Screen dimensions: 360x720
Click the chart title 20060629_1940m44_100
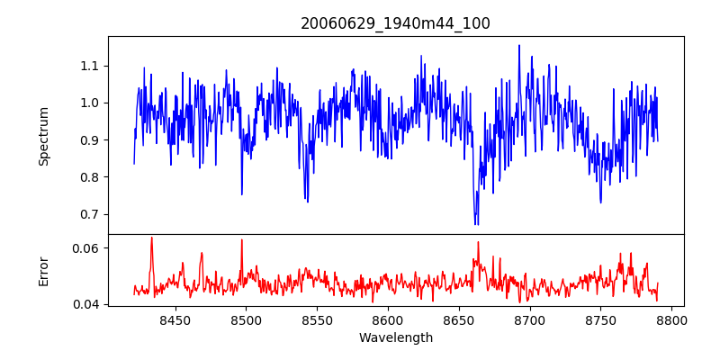395,23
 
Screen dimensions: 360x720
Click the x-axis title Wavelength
395,337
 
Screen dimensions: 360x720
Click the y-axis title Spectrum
44,136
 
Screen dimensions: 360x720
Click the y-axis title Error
44,271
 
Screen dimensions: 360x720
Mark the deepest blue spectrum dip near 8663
476,223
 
